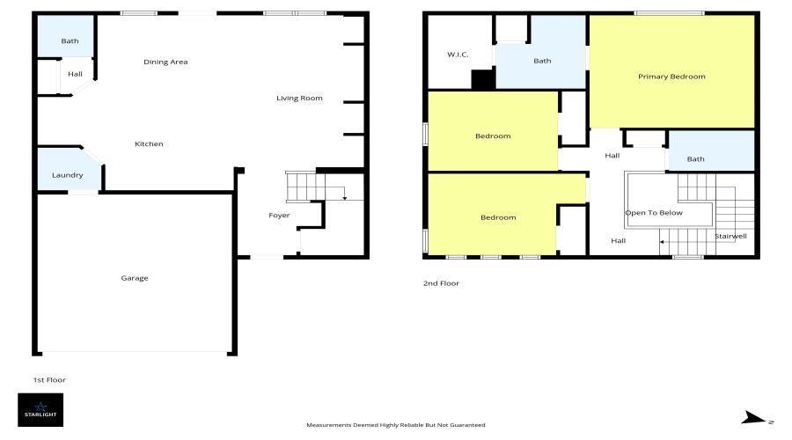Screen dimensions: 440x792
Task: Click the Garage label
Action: pos(135,278)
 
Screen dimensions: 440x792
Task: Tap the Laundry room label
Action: pos(68,175)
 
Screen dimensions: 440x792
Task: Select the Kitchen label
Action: pos(149,144)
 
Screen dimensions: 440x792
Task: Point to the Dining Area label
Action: pos(165,62)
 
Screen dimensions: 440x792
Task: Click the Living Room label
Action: pos(299,98)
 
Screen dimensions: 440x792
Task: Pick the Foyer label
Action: pos(279,216)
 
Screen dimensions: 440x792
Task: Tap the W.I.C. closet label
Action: pos(458,55)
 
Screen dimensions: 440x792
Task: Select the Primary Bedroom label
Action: pos(671,77)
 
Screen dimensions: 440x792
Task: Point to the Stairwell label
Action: pos(730,237)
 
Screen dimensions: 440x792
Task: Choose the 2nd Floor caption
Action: pos(441,283)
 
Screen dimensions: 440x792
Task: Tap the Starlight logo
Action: pos(40,410)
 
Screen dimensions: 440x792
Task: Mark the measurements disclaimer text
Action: pos(396,425)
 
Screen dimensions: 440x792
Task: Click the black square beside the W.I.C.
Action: pos(483,80)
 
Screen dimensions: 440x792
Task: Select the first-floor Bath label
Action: pos(70,41)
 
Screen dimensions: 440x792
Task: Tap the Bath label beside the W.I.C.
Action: pos(542,61)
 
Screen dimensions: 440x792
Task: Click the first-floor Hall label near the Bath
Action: pos(75,73)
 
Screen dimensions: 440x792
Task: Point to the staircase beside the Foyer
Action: pos(301,187)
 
